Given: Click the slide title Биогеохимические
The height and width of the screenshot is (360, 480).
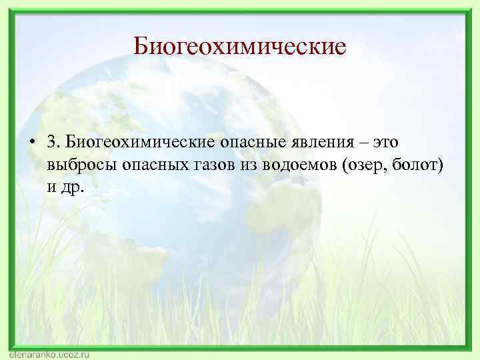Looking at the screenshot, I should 239,47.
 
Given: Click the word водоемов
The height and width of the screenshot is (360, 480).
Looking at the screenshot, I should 303,164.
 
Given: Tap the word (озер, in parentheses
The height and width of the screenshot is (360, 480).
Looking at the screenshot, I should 366,165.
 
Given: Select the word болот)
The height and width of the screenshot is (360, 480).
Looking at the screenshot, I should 418,164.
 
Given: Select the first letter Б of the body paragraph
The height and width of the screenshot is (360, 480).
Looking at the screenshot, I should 73,141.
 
